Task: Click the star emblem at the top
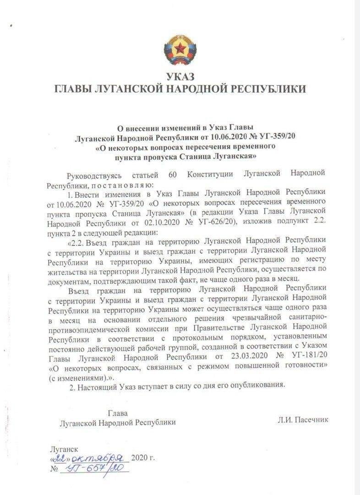(180, 48)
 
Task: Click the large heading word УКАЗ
(180, 77)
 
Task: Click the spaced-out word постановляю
(121, 185)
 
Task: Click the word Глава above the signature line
(117, 413)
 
